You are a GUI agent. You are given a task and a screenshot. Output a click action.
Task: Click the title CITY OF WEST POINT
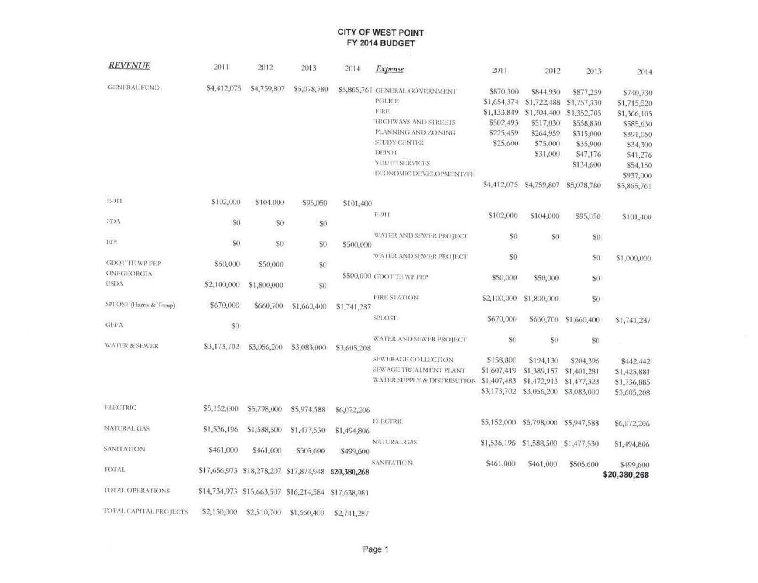(380, 33)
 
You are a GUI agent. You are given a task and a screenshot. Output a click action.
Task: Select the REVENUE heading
(129, 66)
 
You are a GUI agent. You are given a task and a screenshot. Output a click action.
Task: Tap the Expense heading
(390, 69)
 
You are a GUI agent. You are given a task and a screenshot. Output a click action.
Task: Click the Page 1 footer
(376, 549)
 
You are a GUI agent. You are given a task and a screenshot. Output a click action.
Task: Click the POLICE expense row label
(387, 101)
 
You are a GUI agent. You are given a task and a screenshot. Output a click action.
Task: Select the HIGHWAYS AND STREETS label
(415, 122)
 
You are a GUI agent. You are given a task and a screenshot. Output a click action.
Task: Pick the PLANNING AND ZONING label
(415, 132)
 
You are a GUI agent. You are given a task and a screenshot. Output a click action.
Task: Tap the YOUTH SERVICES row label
(402, 163)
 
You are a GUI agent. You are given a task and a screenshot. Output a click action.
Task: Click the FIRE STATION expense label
(396, 297)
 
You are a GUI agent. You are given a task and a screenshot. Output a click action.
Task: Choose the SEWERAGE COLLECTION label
(414, 360)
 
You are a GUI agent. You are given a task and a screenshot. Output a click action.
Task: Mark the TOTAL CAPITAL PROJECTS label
(146, 511)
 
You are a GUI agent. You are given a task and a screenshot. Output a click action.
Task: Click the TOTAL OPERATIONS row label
(136, 490)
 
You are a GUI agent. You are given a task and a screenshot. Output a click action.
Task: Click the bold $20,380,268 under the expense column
(626, 475)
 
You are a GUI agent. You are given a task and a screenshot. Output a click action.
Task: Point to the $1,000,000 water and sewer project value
(633, 258)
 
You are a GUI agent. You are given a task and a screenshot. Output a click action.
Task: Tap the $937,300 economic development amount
(637, 175)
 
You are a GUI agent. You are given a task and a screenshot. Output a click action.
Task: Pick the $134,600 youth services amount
(586, 165)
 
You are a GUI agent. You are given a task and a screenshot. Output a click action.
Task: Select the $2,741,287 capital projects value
(351, 513)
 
